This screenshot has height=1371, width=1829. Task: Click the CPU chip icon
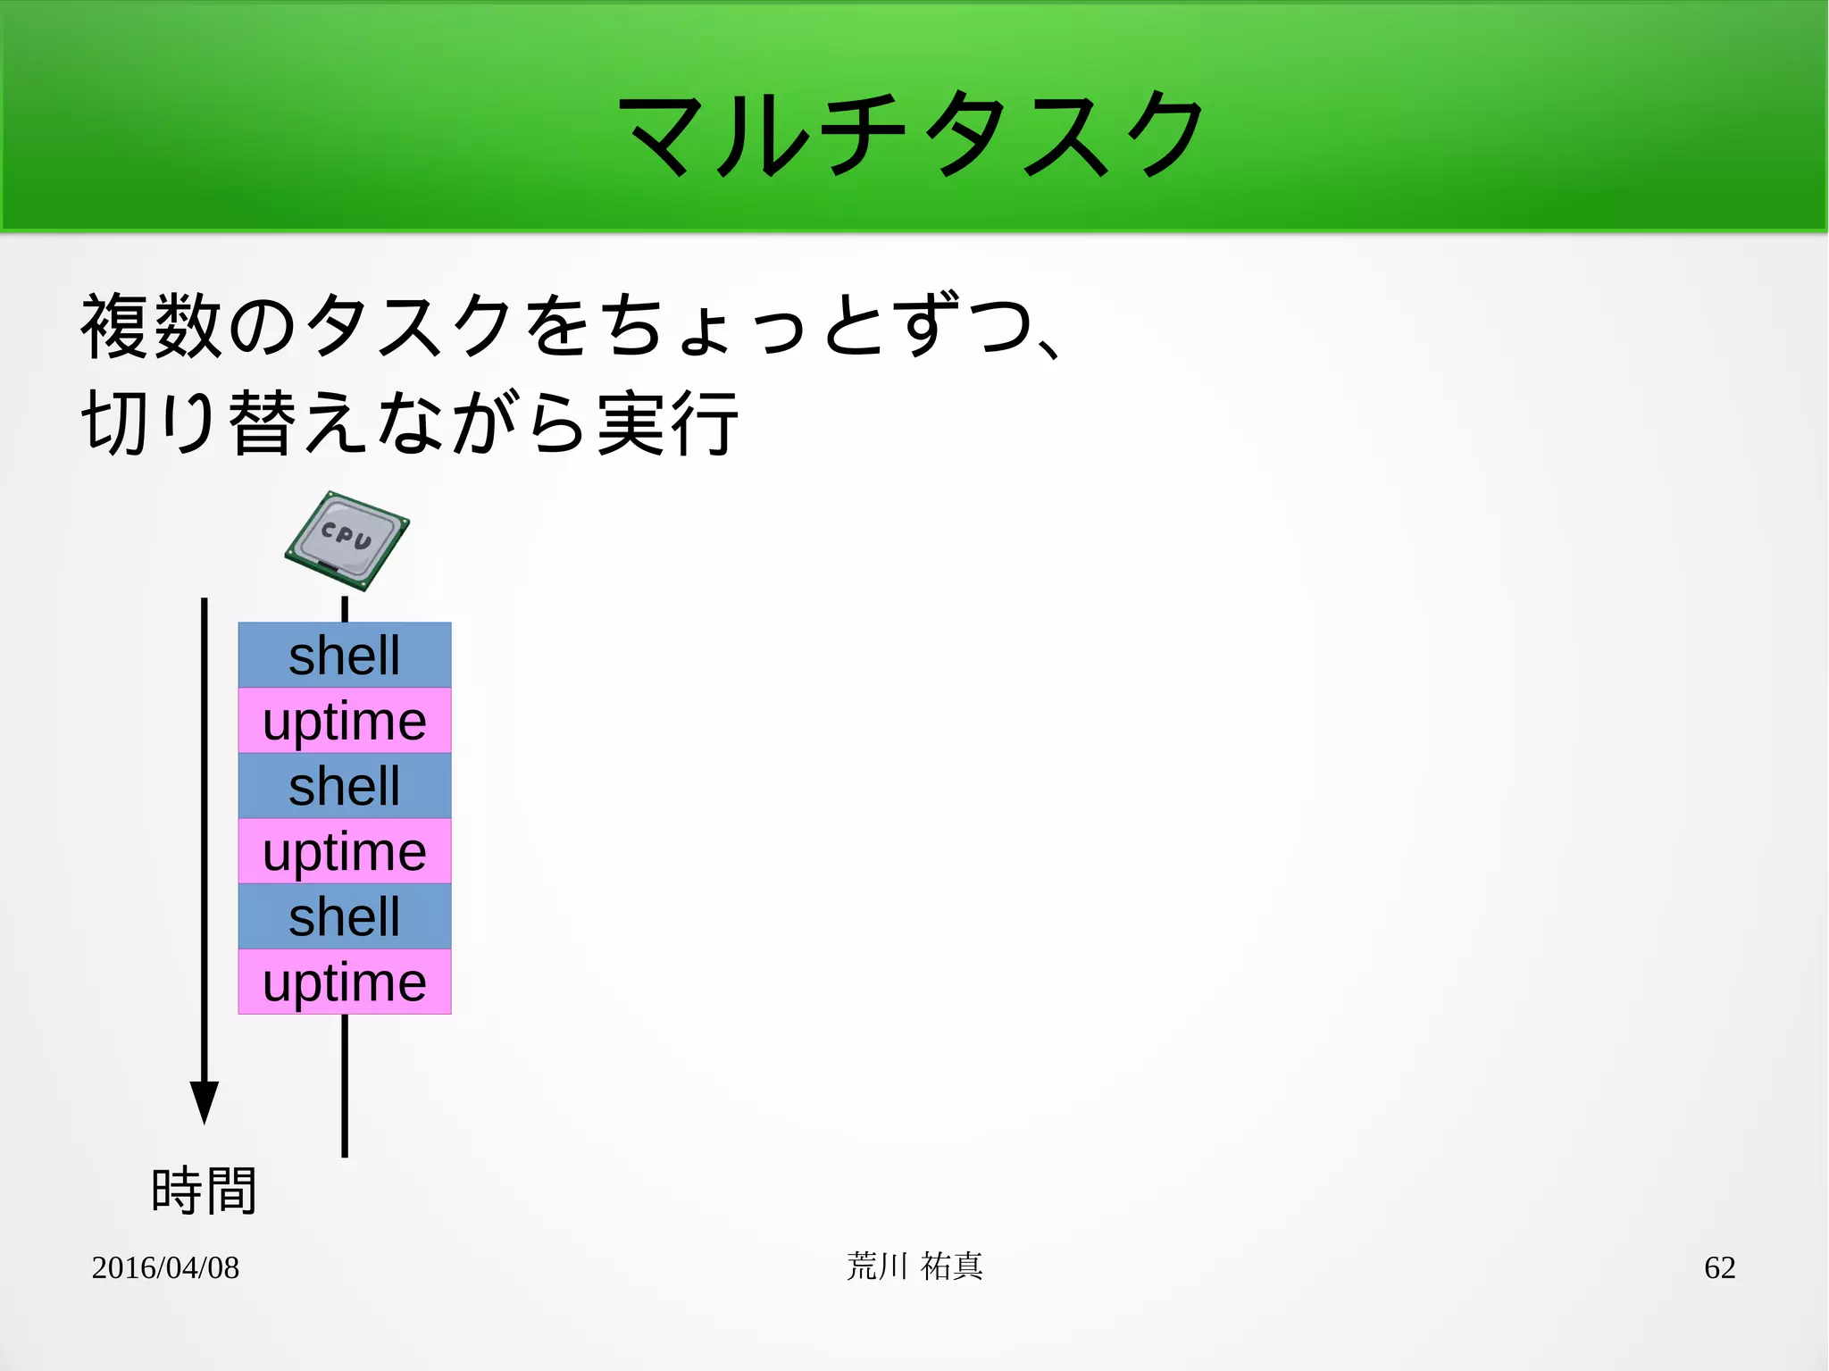tap(347, 540)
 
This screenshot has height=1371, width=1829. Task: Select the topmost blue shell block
tap(345, 655)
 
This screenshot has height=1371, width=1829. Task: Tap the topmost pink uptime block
tap(345, 720)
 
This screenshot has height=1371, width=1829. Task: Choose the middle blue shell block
tap(345, 785)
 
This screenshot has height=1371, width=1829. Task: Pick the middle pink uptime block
tap(345, 850)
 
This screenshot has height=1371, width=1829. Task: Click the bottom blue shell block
tap(345, 915)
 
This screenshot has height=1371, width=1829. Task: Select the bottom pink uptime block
tap(345, 982)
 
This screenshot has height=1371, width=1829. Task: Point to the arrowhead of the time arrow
tap(205, 1100)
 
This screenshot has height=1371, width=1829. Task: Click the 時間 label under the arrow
tap(205, 1191)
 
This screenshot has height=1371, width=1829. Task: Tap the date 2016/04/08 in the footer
tap(165, 1267)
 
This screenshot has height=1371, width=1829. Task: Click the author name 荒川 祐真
tap(914, 1267)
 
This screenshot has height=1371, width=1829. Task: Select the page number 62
tap(1719, 1267)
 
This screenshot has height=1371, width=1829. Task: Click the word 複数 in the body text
tap(152, 326)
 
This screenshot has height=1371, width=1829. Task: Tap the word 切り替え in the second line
tap(223, 423)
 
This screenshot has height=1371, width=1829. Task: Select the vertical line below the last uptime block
tap(345, 1085)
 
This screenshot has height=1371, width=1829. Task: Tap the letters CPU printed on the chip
tap(347, 535)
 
